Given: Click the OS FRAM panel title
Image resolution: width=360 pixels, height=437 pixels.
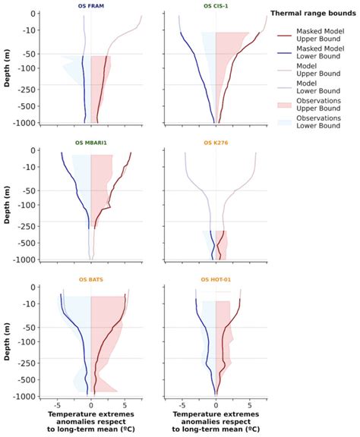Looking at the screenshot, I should click(x=90, y=6).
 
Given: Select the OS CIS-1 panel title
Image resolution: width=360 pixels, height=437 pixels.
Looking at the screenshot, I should click(x=216, y=6).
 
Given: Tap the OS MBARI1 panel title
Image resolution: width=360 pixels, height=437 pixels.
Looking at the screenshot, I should click(x=90, y=143).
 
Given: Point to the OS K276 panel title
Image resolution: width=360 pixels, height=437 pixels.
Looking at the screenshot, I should click(x=216, y=143).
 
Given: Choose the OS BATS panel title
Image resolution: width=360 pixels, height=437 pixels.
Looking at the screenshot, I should click(x=90, y=279).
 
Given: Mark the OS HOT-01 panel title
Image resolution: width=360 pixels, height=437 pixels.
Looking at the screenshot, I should click(x=216, y=279).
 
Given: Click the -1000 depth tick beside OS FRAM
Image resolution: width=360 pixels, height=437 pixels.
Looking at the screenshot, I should click(x=34, y=123).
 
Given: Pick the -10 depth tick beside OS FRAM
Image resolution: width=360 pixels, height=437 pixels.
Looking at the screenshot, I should click(x=36, y=30).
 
